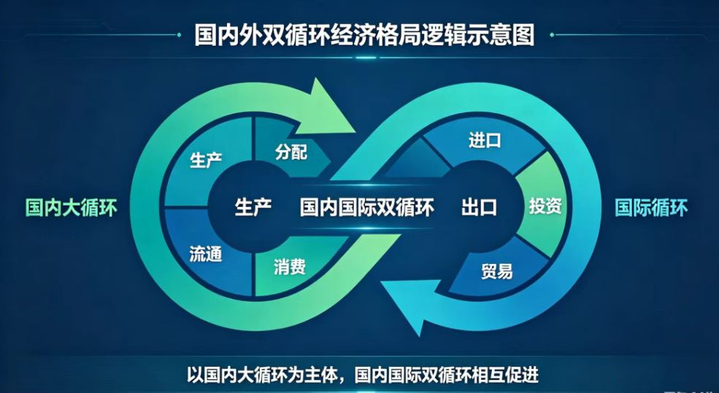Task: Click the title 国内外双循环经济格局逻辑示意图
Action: point(364,36)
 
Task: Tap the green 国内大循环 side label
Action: point(72,208)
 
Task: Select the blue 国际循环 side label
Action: point(651,208)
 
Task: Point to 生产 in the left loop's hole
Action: point(253,207)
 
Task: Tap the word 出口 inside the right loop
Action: point(479,207)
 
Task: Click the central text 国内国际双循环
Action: point(367,207)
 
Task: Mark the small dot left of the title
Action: point(179,35)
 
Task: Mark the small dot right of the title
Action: point(552,35)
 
